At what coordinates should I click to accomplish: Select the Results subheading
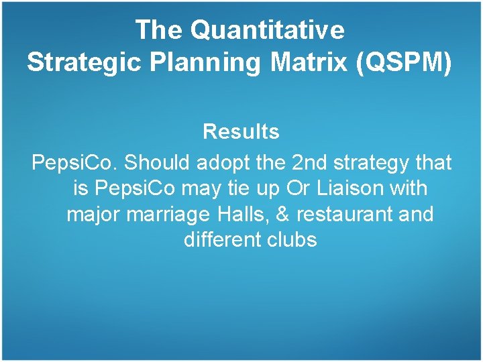tap(241, 132)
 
